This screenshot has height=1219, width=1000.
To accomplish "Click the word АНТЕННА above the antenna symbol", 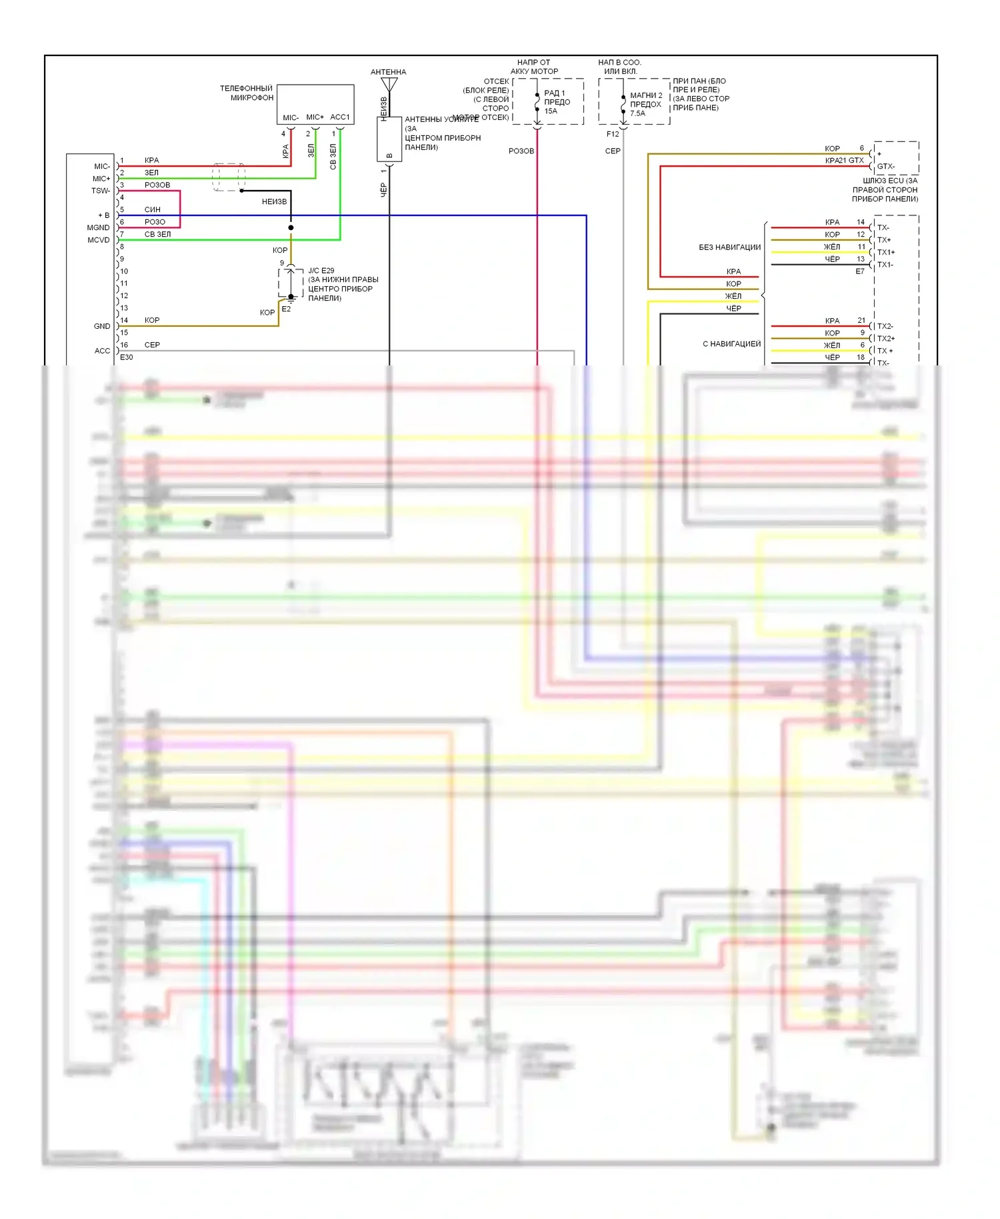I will coord(388,72).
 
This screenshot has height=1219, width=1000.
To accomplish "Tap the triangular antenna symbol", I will coord(389,85).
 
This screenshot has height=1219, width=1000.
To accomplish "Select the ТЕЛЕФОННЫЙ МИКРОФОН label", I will coord(247,93).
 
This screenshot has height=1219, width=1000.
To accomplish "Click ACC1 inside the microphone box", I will coord(339,117).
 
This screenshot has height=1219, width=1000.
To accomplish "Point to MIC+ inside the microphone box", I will coord(315,117).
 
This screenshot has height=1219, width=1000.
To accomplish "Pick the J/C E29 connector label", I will coord(321,271).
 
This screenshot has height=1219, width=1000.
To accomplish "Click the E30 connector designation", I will coord(126,357).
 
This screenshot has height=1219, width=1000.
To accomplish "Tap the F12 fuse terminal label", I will coord(613,134).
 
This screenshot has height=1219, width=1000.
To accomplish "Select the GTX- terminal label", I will coord(886,167).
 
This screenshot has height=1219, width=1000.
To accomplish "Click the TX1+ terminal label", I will coord(886,252).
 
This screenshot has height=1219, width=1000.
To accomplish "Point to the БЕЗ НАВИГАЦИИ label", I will coord(729,247).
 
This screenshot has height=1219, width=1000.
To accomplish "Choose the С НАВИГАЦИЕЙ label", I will coord(731,344).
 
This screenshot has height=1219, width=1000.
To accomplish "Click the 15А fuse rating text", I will coord(551,111).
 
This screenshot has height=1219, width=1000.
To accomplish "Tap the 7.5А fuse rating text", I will coord(637,113).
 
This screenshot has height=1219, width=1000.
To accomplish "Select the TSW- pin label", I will coord(101,191).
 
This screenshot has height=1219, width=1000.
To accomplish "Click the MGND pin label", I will coord(98,228).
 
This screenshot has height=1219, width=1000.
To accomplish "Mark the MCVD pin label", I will coord(99,240).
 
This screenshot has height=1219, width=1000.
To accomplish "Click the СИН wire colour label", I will coord(152,209).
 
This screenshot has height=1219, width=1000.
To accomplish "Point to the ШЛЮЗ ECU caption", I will coord(889,181).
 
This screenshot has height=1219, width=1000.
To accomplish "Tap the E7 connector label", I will coord(860,271).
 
